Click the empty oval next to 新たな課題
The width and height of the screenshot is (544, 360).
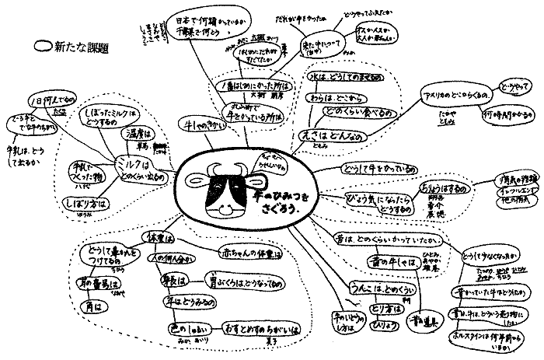[44, 46]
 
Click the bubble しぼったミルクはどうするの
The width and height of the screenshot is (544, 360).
[86, 116]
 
